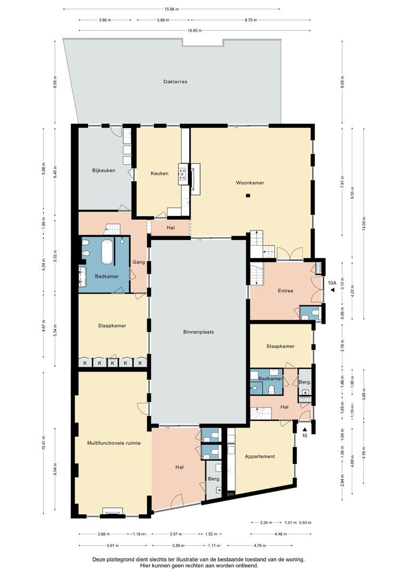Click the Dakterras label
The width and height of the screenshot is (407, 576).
[175, 82]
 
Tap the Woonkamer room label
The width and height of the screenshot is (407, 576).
[250, 182]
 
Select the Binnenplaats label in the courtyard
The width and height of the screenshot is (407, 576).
[198, 332]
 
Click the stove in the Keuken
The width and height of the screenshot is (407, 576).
[182, 173]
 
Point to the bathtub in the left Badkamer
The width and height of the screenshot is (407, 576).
[107, 252]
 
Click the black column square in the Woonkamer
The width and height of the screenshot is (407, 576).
[249, 196]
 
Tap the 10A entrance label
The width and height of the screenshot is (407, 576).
[332, 283]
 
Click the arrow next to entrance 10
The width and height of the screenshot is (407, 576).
[305, 429]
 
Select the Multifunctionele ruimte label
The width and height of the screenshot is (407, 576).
[114, 443]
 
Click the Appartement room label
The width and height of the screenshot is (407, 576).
[260, 457]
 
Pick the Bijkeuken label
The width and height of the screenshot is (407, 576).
[103, 171]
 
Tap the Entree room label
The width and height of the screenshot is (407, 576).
[285, 291]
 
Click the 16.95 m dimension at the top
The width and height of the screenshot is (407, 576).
[195, 30]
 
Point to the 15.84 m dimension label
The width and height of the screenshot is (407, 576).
[172, 9]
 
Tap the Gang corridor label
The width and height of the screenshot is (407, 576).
[139, 262]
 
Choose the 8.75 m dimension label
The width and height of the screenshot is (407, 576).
[251, 20]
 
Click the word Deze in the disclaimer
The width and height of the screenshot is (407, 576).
[98, 559]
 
